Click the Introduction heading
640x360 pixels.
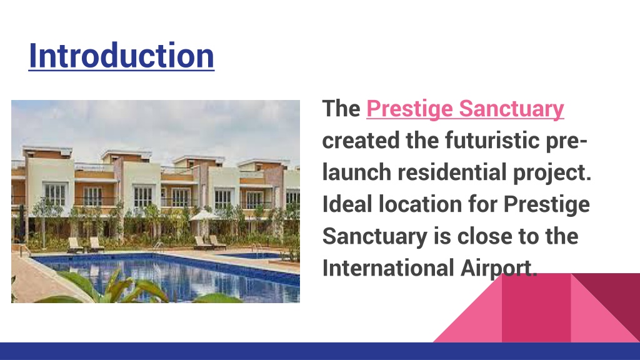point(121,56)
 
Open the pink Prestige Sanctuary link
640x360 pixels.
point(465,109)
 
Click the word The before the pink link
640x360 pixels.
point(341,109)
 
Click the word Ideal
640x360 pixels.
point(346,204)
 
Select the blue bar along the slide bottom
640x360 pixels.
point(320,351)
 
